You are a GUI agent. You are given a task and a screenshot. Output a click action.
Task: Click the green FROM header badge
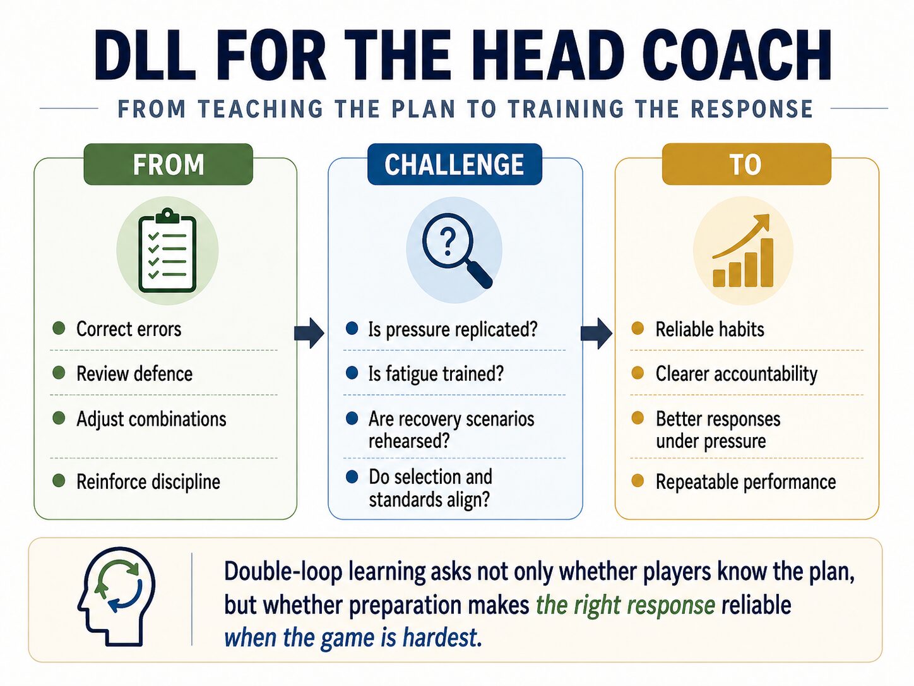(169, 164)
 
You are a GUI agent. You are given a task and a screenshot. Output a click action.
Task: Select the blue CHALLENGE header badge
(454, 164)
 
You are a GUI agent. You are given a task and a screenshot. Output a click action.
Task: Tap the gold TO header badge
(746, 164)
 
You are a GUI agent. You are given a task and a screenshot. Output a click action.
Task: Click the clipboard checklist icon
(167, 251)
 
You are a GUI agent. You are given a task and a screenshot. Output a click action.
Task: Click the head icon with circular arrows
(116, 596)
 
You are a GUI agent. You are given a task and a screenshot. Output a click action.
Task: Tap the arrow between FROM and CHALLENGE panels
(309, 334)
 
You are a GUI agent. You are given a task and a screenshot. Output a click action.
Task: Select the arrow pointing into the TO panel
(596, 334)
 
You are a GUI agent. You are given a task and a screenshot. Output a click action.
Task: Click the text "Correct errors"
(129, 329)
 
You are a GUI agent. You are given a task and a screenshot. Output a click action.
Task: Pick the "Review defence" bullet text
(134, 373)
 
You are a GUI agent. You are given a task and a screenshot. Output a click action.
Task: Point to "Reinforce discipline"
(148, 482)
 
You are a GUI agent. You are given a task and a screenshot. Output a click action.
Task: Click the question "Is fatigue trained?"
(436, 373)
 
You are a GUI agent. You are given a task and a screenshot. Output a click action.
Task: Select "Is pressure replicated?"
(453, 330)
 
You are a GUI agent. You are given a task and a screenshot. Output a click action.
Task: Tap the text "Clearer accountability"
(736, 374)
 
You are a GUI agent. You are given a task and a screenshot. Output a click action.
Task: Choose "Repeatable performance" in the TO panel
(745, 482)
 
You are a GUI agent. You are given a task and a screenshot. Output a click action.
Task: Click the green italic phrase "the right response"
(626, 605)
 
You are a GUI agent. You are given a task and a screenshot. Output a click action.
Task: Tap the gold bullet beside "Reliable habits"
(638, 328)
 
